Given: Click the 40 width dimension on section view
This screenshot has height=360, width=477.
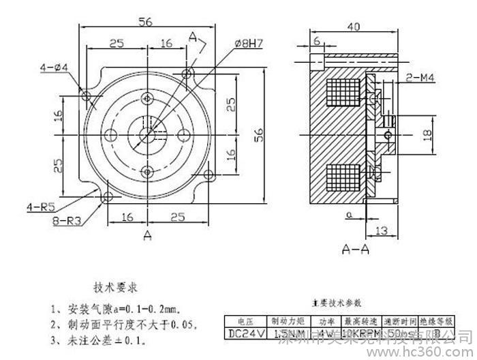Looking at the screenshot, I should (352, 26).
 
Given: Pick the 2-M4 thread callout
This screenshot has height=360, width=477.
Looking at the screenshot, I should (422, 79).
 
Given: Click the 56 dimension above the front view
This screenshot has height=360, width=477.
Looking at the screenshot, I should (145, 21).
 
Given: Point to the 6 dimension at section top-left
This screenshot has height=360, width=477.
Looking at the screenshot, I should (317, 41).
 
